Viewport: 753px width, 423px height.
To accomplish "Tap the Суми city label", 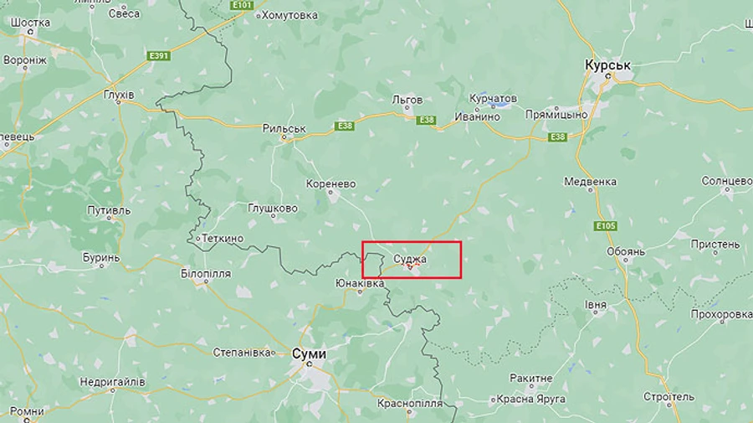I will [x=309, y=353].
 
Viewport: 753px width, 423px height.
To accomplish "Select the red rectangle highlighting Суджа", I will [x=412, y=260].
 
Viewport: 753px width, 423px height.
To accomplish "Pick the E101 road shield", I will [x=243, y=5].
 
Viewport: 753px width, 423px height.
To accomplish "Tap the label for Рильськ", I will [x=284, y=129].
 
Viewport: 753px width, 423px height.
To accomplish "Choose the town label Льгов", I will [x=407, y=100].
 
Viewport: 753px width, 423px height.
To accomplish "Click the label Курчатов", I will [x=494, y=99].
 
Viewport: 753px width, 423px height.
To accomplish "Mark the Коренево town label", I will [x=331, y=183].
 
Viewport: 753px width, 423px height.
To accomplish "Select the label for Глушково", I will [x=273, y=209].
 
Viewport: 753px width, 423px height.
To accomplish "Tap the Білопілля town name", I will [x=206, y=274].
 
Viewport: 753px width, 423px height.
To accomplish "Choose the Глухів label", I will [x=118, y=95].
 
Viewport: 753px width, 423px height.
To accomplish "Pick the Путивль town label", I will [x=108, y=211].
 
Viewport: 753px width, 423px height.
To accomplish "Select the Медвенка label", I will [x=591, y=181].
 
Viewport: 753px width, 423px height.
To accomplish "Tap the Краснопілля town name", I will [x=410, y=403].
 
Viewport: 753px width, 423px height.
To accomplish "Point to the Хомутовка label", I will [x=289, y=15].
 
